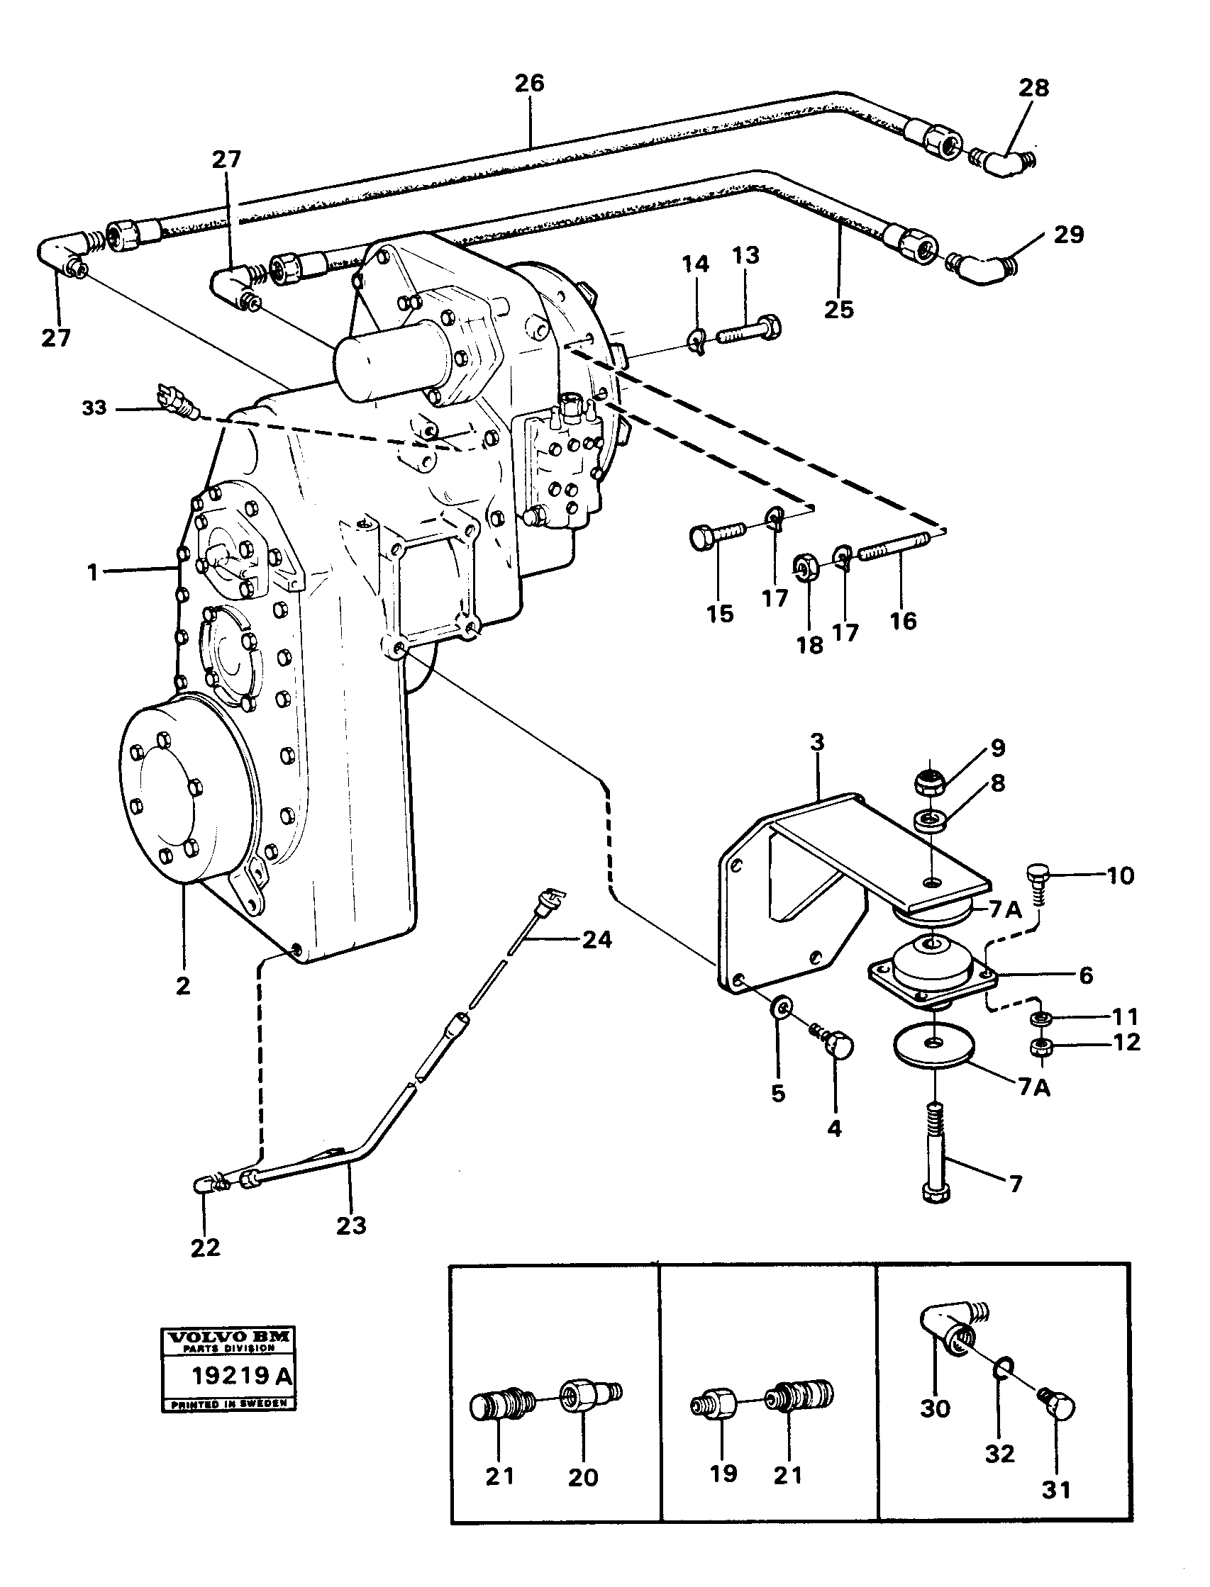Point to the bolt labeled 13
point(749,332)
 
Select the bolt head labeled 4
point(840,1048)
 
